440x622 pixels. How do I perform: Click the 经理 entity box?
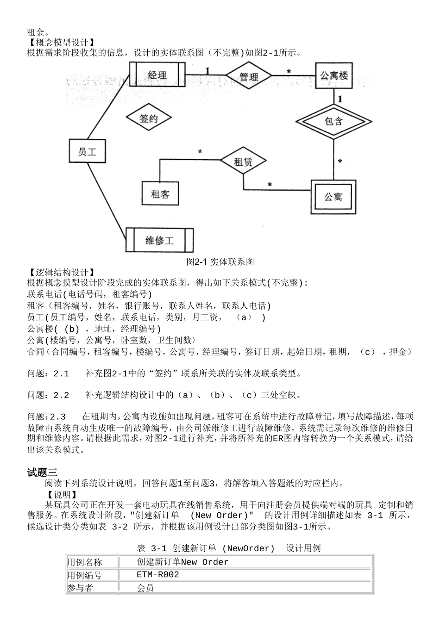[x=157, y=75]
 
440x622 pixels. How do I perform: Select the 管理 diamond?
[x=249, y=77]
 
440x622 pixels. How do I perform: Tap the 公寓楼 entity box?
[x=334, y=75]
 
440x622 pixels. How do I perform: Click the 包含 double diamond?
[x=333, y=121]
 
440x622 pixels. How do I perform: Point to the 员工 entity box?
[x=87, y=151]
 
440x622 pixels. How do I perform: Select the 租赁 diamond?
[x=243, y=162]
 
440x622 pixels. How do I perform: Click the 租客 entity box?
[x=160, y=194]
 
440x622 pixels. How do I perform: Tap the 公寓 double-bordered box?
[x=333, y=197]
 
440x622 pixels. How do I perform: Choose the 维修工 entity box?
[x=159, y=240]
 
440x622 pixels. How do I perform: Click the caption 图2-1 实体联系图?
[x=220, y=262]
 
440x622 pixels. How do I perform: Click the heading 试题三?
[x=42, y=473]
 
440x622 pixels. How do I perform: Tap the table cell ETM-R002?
[x=157, y=575]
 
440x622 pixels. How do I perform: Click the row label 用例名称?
[x=84, y=562]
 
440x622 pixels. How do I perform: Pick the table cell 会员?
[x=145, y=588]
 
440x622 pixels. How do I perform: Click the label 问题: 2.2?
[x=48, y=395]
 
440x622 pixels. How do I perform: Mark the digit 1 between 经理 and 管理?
[x=207, y=70]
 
